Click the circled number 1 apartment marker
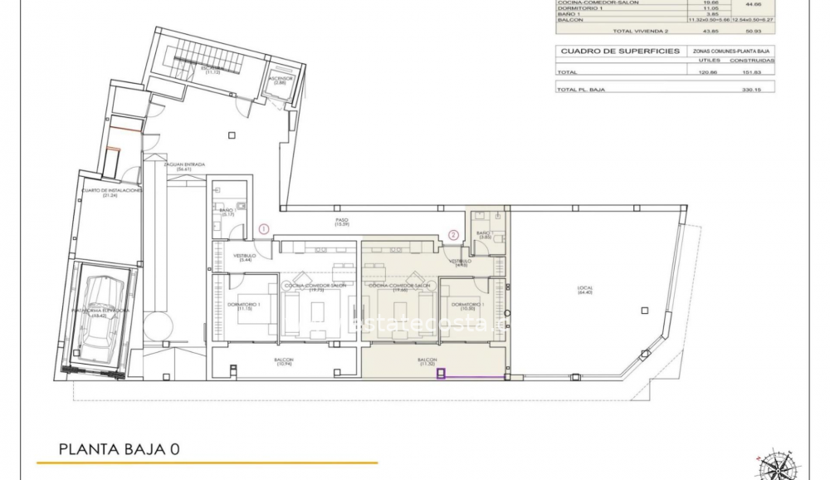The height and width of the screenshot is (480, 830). [264, 228]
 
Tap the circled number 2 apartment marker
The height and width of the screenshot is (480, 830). [453, 235]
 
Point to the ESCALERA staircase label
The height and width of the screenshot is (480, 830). [213, 70]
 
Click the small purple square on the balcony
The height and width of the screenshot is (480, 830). [442, 375]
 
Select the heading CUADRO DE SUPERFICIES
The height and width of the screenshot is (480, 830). [620, 51]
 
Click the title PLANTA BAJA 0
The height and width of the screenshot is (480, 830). [120, 450]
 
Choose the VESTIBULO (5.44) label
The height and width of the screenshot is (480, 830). [244, 257]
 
